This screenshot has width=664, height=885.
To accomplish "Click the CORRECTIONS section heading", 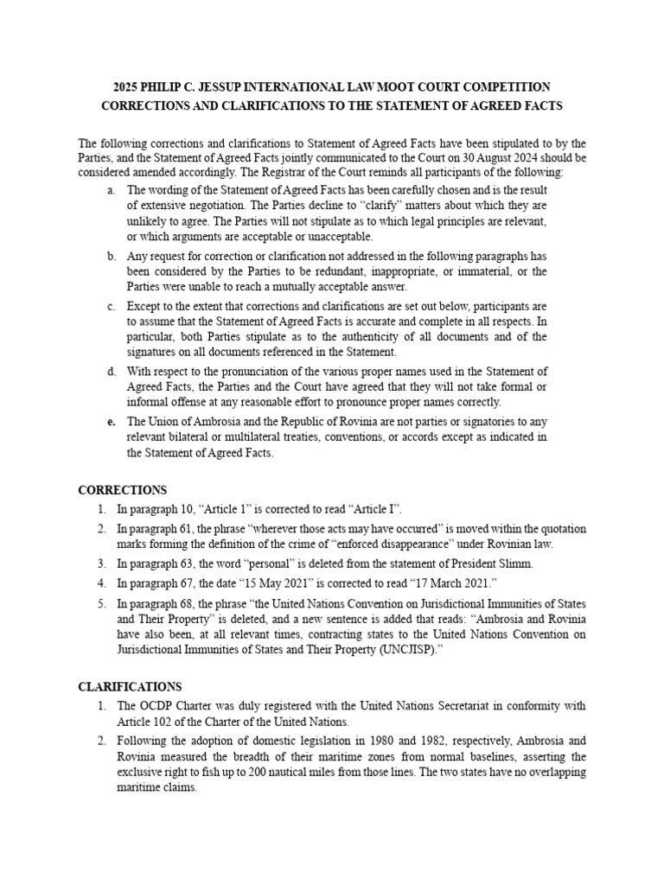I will (122, 490).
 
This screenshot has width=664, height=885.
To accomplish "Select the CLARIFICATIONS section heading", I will (130, 687).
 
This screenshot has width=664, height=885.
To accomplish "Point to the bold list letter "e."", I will (112, 422).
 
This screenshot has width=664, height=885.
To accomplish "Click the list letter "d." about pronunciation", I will (112, 372).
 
